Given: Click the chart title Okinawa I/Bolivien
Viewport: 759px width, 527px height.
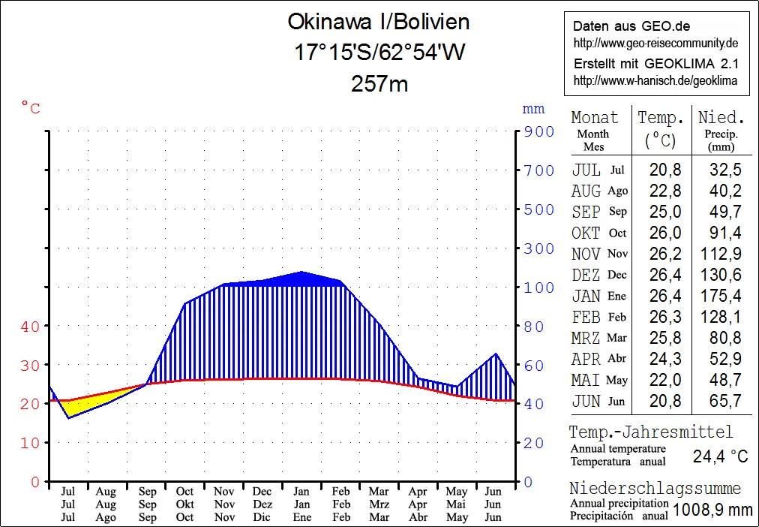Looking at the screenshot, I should point(379,22).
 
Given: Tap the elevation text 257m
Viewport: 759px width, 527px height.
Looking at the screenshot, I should point(379,83).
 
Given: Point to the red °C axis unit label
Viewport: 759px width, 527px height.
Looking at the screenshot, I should point(31,110).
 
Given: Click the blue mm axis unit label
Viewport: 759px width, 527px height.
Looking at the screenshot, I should point(533,110).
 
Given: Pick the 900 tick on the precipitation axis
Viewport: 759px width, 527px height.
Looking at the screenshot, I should point(538,131).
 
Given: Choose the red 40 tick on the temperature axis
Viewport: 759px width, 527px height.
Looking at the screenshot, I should point(30,327).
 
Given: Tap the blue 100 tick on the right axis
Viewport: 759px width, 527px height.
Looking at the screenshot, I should point(538,288).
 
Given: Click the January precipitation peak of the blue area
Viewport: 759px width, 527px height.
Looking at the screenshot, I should point(301,273).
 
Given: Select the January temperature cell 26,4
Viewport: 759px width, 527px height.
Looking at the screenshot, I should point(661,296).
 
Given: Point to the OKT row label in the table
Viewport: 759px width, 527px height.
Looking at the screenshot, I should point(586,233).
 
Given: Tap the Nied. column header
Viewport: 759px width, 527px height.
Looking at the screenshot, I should point(721,118).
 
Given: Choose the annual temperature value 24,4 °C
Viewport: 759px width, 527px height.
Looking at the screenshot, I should point(721,456).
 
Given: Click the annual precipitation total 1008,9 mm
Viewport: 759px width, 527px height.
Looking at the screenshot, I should point(712,510).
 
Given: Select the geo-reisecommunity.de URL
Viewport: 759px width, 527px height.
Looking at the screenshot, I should point(656,43).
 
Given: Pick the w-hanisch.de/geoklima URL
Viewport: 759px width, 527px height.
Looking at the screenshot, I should point(655,80).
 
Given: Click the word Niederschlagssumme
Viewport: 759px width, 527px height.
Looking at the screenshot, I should point(655,489).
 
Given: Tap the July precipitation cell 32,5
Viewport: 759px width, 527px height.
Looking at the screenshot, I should point(725,170).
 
